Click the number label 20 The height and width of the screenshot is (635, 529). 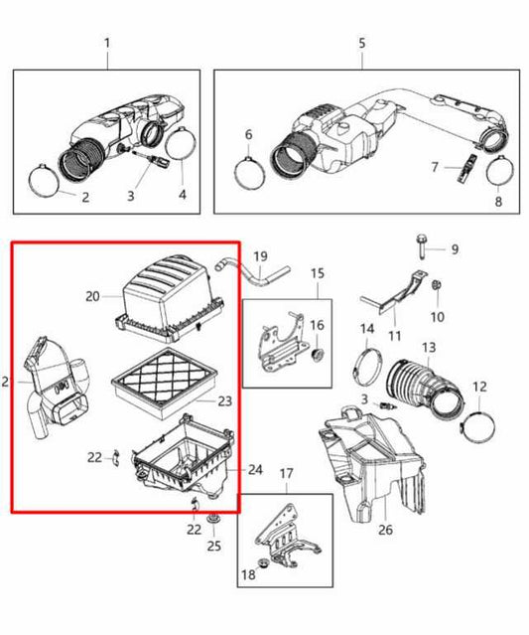pyautogui.click(x=92, y=296)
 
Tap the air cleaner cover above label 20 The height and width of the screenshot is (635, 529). pyautogui.click(x=163, y=288)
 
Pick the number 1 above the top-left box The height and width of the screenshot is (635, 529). pyautogui.click(x=107, y=44)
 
